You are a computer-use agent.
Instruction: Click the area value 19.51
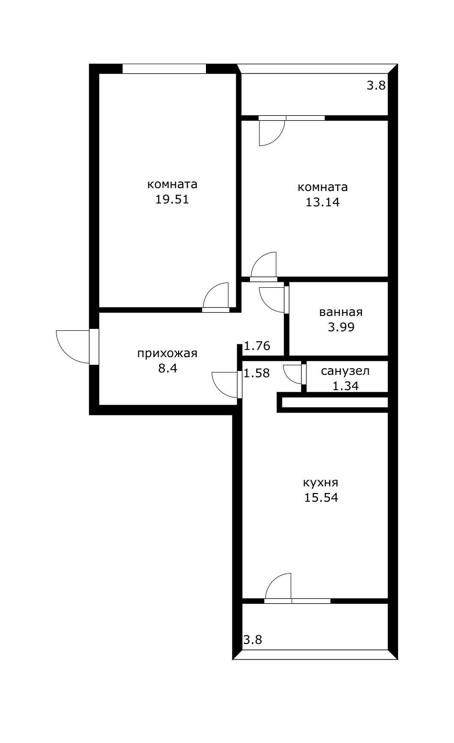point(172,199)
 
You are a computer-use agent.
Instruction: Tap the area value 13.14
point(322,202)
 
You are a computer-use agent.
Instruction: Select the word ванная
point(340,313)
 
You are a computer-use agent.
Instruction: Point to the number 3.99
point(340,327)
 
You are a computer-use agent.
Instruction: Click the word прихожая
point(167,354)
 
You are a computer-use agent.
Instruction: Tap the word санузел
point(345,371)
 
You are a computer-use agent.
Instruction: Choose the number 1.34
point(345,385)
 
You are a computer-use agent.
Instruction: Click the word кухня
point(320,482)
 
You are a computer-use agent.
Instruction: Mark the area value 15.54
point(321,497)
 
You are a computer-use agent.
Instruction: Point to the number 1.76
point(257,346)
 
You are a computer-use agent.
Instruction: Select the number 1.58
point(257,373)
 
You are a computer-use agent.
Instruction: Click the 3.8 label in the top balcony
point(376,86)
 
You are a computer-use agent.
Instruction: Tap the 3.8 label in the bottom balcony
point(252,640)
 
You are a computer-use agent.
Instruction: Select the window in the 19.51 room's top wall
point(164,69)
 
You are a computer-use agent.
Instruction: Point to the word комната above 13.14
point(322,187)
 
